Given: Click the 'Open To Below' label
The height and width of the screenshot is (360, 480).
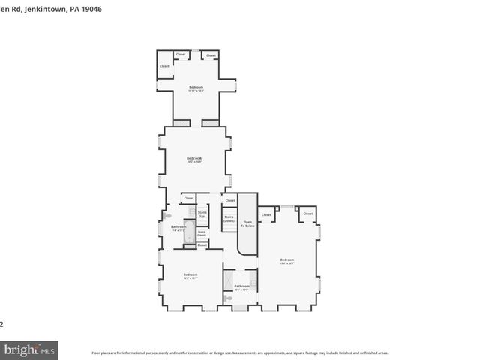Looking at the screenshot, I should (248, 223).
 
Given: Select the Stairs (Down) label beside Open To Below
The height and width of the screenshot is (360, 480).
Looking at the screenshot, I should (229, 218).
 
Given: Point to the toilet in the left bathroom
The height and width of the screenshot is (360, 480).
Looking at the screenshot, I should (167, 216).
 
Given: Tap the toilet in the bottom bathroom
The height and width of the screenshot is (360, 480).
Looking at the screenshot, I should (229, 298).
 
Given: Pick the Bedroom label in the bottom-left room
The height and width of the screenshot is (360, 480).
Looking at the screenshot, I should (190, 275).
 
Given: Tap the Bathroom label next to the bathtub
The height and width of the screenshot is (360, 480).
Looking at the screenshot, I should (178, 227).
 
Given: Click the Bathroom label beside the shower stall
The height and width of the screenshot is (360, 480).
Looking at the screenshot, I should (241, 286).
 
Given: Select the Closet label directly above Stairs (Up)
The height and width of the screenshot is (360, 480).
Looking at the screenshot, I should (189, 198).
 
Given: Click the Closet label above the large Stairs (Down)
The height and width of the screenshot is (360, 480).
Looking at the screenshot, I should (230, 200).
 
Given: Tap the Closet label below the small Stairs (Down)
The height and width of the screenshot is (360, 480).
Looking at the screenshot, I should (202, 244).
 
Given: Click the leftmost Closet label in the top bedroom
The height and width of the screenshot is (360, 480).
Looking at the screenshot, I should (164, 66).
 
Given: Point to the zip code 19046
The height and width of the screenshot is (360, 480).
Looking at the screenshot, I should (91, 10).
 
